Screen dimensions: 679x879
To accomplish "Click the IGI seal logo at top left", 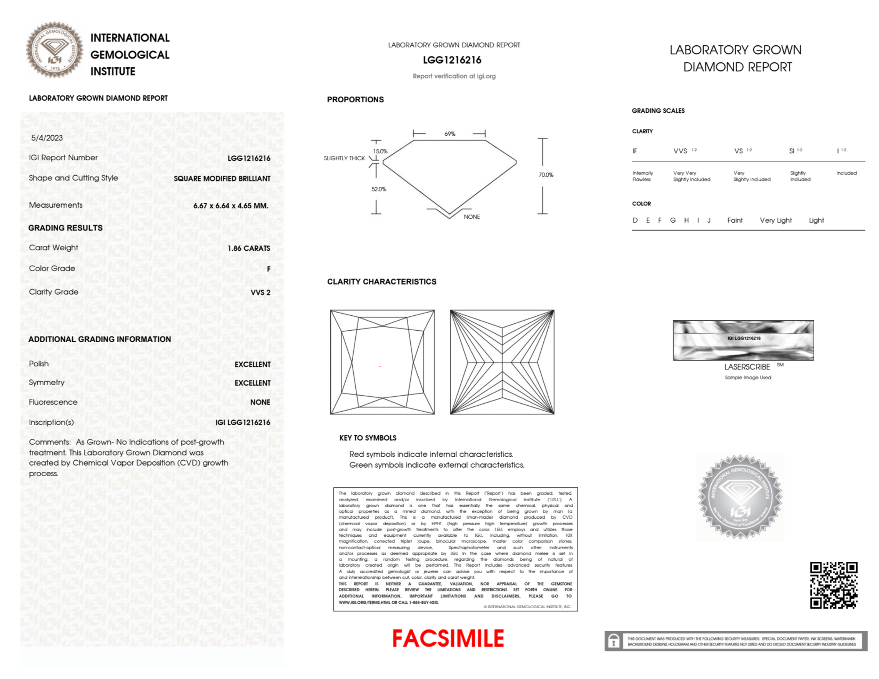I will [54, 50].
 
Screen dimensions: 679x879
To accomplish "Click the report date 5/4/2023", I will [47, 138].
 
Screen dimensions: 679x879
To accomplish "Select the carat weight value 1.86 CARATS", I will [249, 248].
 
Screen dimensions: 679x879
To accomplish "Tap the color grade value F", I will [268, 269].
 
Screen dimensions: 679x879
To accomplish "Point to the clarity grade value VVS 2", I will [260, 293].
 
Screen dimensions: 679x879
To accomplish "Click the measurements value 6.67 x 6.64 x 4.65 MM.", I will [231, 206].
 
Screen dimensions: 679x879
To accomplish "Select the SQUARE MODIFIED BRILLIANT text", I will [222, 179].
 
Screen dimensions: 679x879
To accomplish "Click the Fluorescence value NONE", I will [260, 402].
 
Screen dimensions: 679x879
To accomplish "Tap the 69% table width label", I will [450, 134].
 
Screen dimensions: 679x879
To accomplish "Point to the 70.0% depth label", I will [546, 175].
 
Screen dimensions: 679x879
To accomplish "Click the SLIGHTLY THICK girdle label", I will [344, 158].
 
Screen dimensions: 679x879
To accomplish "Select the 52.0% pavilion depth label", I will [379, 189].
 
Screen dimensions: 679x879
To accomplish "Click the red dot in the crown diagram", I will [380, 366].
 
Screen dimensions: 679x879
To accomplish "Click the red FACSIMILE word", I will [448, 639].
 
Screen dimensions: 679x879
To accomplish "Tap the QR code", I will [833, 585].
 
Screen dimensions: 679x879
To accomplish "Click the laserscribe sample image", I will [743, 340].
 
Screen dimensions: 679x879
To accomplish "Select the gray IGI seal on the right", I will [740, 497].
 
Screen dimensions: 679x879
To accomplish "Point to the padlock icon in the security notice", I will [614, 641].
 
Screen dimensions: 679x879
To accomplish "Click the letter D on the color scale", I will [635, 220].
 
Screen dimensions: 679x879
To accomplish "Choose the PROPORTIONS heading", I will [355, 100].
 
